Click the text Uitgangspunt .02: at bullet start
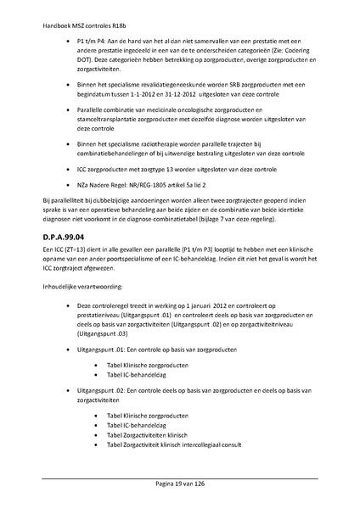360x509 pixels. coord(101,389)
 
